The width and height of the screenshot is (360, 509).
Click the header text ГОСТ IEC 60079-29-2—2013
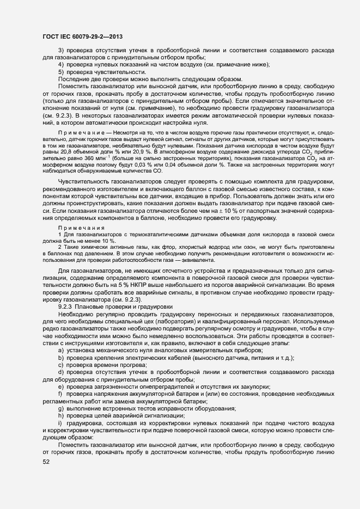(x=82, y=36)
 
